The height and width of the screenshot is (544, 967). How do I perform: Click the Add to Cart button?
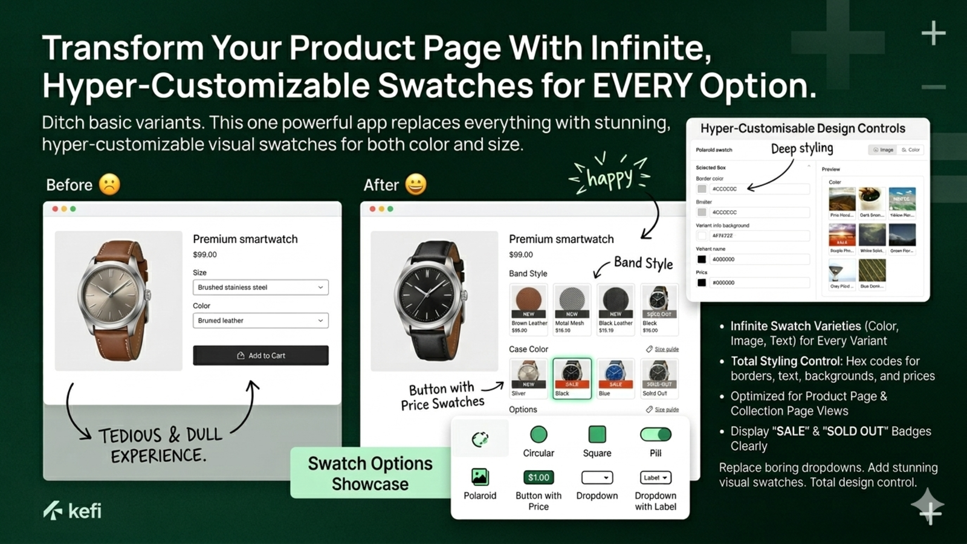click(x=260, y=355)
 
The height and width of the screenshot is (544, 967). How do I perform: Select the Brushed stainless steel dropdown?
click(x=260, y=287)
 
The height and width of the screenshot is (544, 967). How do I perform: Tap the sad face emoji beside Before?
click(x=109, y=184)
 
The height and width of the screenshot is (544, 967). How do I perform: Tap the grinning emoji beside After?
click(x=416, y=184)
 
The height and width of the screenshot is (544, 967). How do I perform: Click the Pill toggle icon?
click(x=655, y=434)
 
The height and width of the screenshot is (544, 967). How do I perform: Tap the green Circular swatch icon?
click(x=538, y=434)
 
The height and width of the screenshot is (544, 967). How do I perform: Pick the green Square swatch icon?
click(x=597, y=434)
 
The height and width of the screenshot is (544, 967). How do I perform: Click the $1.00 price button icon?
click(x=538, y=478)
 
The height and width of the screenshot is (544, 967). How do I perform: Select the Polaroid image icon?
click(x=480, y=478)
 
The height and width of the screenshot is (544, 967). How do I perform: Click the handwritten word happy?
click(x=610, y=178)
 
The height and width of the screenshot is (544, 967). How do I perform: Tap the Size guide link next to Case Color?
click(x=666, y=349)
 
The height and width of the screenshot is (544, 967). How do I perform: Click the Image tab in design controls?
click(x=884, y=150)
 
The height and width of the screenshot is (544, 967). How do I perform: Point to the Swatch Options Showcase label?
click(x=370, y=473)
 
